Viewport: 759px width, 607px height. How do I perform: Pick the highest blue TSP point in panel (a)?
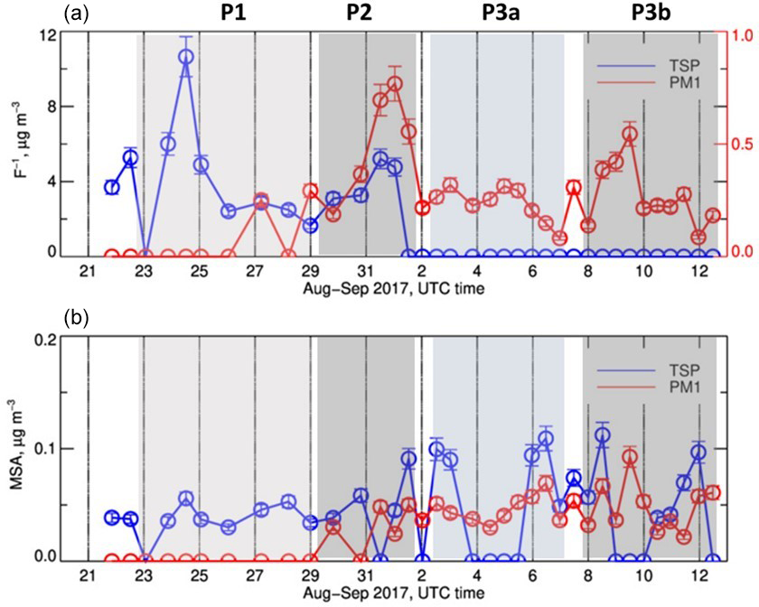tap(185, 57)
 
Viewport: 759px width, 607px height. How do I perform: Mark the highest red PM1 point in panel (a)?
tap(394, 84)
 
